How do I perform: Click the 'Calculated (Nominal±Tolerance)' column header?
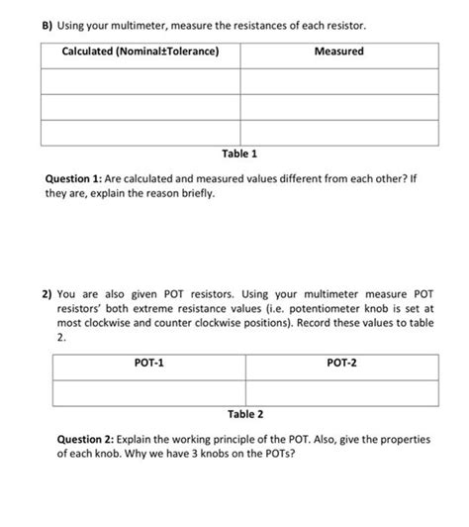pyautogui.click(x=141, y=52)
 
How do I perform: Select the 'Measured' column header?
pyautogui.click(x=338, y=52)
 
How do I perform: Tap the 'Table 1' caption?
pyautogui.click(x=240, y=154)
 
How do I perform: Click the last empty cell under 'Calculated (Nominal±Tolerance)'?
pyautogui.click(x=141, y=131)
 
